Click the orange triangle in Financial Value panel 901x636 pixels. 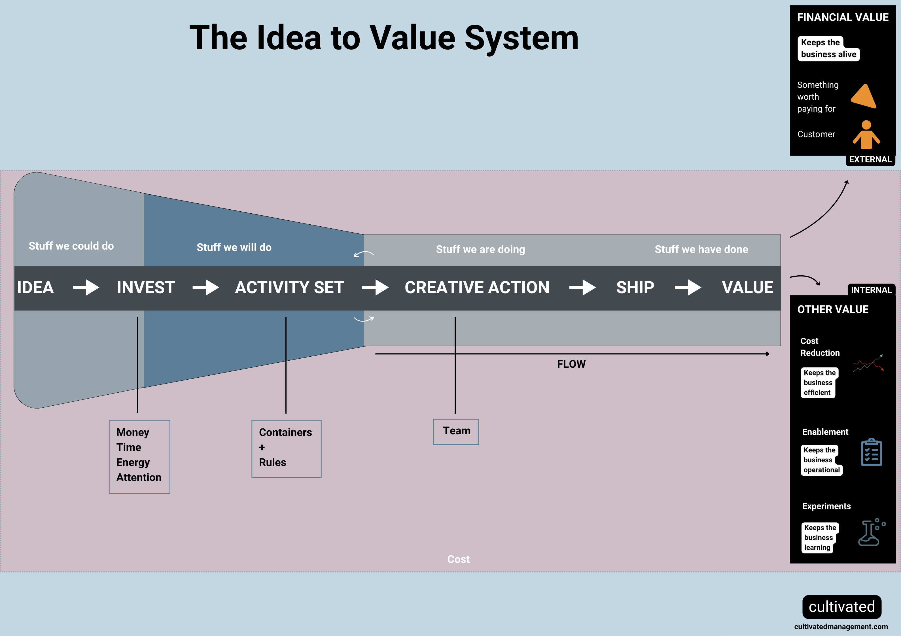coord(864,97)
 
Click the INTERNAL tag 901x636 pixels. coord(871,290)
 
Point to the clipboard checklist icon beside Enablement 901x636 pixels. coord(871,452)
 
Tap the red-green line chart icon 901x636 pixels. coord(868,363)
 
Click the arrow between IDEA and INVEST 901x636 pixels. coord(86,288)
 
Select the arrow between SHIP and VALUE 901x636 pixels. coord(688,288)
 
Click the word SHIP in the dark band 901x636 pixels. coord(635,288)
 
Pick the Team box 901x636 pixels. coord(456,431)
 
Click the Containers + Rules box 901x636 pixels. coord(286,449)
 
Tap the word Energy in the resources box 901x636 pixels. coord(133,463)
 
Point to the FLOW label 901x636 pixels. coord(571,364)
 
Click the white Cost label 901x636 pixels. coord(458,559)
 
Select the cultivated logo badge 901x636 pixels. coord(842,607)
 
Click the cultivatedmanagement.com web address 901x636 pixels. coord(841,627)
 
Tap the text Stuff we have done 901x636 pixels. coord(701,250)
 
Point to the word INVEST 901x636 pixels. coord(146,288)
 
